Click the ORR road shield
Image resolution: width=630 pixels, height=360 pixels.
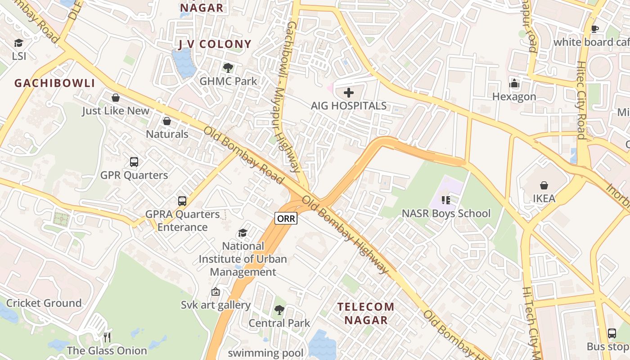286,219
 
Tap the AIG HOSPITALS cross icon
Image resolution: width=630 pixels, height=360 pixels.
349,93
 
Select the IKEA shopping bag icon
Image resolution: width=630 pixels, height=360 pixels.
544,185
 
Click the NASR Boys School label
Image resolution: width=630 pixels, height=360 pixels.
446,213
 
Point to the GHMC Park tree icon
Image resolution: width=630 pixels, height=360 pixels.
228,68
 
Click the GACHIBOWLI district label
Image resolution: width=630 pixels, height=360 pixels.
55,83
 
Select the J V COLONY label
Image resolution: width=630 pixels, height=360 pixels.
215,44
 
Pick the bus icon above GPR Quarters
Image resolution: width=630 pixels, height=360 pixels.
134,162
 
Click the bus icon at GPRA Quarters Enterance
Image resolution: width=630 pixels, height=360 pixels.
182,201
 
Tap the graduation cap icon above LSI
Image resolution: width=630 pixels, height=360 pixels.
18,43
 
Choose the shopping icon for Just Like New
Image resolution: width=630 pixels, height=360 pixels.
116,98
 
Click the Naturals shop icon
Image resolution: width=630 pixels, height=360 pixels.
167,121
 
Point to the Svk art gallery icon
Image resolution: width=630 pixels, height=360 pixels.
216,292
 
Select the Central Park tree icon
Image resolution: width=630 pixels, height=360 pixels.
279,310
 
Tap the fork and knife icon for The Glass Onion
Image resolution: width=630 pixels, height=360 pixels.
107,337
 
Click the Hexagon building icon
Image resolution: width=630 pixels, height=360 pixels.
514,84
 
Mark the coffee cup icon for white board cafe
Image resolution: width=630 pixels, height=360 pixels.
595,29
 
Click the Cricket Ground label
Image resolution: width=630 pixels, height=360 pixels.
44,303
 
